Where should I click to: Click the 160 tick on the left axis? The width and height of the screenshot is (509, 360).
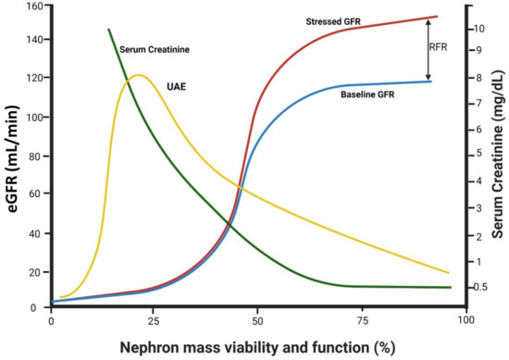(x=33, y=6)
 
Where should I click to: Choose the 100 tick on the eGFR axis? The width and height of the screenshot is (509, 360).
(x=33, y=118)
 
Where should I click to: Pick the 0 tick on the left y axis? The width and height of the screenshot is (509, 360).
(x=39, y=308)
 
